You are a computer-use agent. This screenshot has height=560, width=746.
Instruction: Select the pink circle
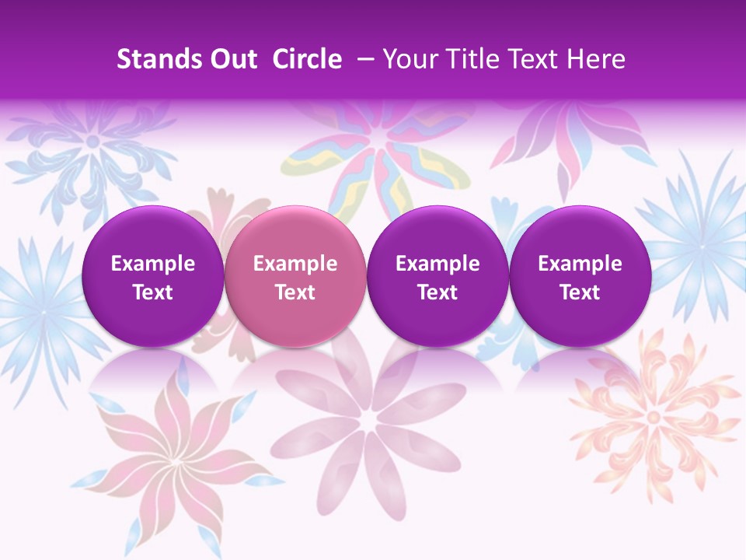point(295,276)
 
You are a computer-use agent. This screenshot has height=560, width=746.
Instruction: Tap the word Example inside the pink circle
point(295,264)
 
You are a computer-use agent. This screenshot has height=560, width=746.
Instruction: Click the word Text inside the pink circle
point(295,292)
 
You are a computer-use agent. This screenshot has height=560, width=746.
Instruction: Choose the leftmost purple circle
point(153,276)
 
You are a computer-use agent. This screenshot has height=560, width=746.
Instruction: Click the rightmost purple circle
point(580,276)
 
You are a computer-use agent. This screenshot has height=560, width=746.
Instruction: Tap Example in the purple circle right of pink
point(437,264)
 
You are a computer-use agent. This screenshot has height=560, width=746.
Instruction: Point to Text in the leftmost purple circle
point(153,292)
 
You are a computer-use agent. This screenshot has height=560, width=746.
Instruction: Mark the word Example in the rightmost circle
point(580,264)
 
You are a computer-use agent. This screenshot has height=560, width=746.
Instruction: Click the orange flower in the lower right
point(653,416)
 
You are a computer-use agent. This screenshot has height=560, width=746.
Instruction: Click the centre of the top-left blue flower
point(92,142)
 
